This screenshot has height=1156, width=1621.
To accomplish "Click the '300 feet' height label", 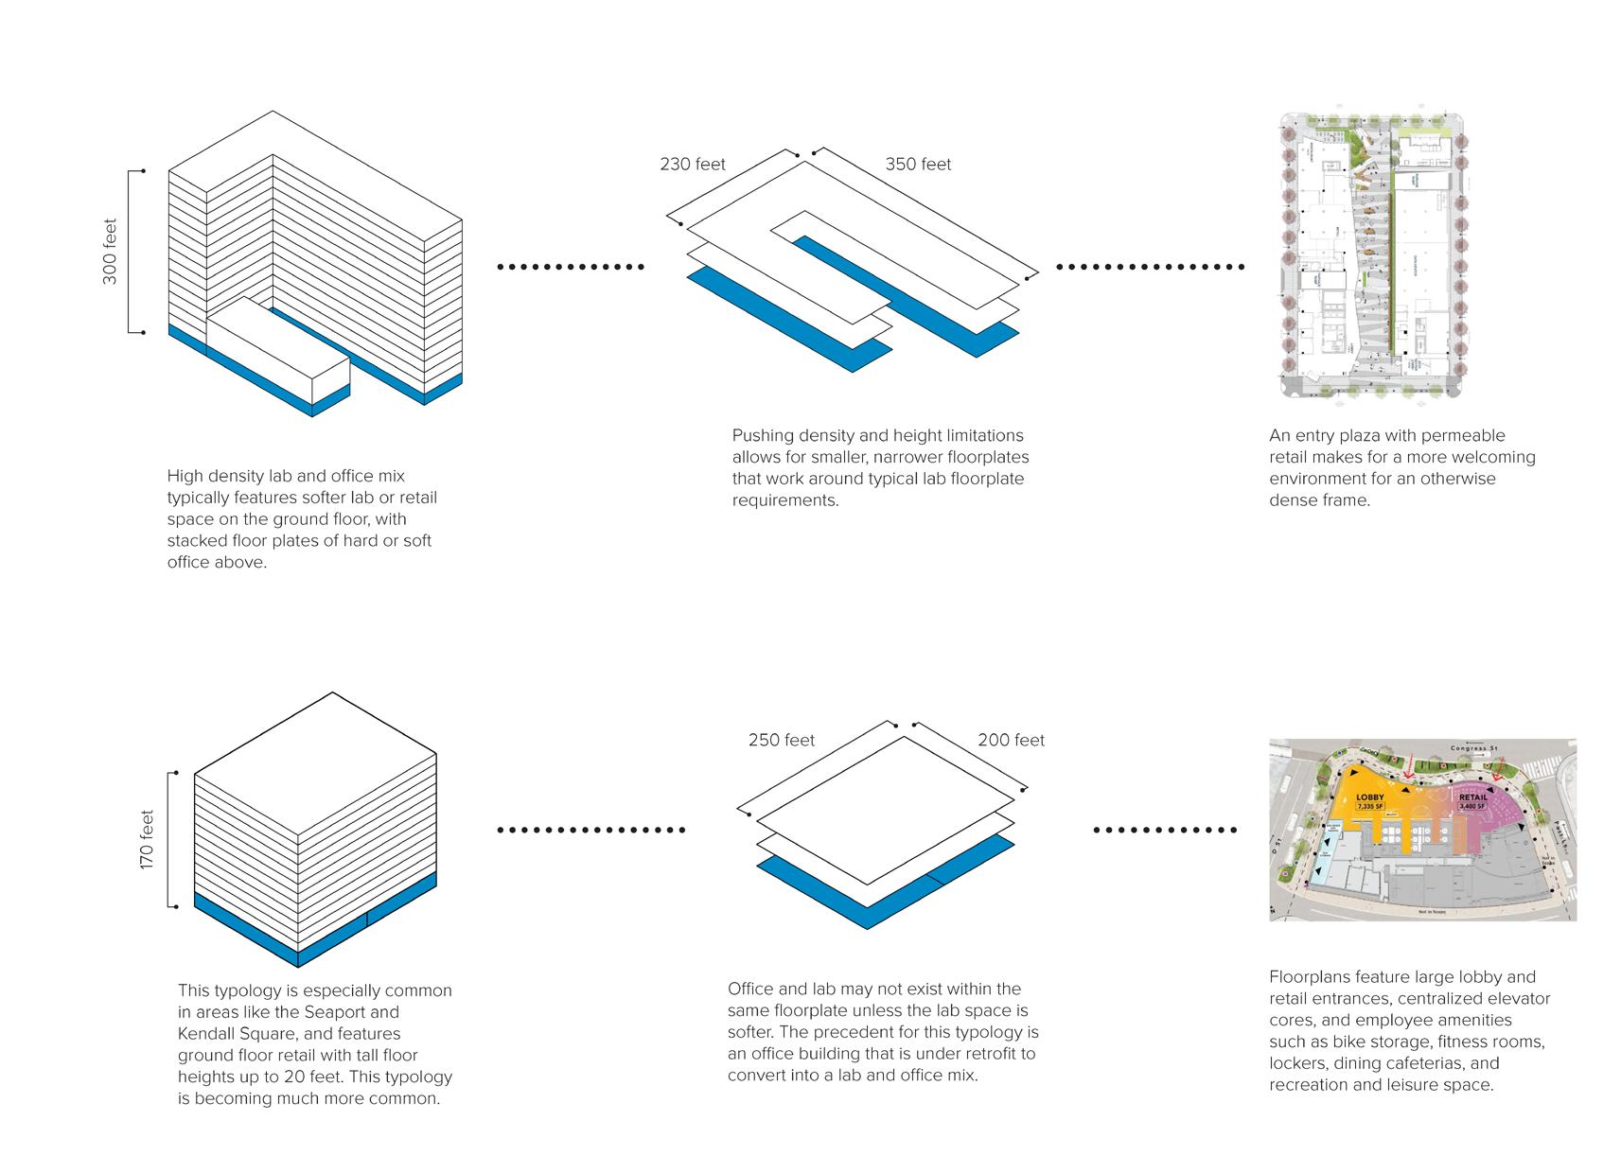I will pyautogui.click(x=111, y=252).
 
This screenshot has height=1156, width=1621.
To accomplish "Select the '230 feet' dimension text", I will pyautogui.click(x=693, y=165).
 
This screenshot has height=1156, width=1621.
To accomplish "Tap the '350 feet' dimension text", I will pyautogui.click(x=918, y=165).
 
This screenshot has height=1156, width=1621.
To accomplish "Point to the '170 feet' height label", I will pyautogui.click(x=148, y=840).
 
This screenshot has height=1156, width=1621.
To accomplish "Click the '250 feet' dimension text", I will pyautogui.click(x=781, y=741).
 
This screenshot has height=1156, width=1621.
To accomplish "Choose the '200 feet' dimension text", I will pyautogui.click(x=1011, y=741).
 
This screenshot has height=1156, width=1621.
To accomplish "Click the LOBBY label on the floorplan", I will pyautogui.click(x=1370, y=797).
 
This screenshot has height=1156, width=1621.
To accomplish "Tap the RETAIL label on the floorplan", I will pyautogui.click(x=1472, y=797).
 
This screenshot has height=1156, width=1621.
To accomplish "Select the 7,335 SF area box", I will pyautogui.click(x=1370, y=807).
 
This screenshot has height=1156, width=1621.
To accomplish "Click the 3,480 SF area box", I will pyautogui.click(x=1472, y=807).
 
